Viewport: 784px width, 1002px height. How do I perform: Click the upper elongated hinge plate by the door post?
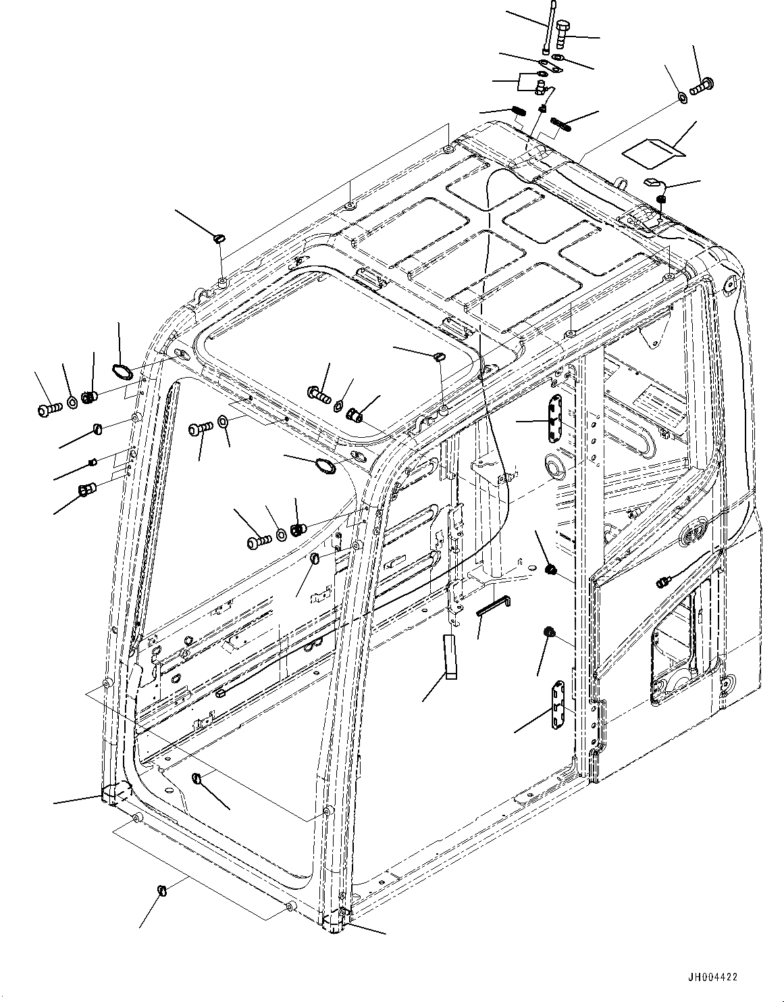point(554,419)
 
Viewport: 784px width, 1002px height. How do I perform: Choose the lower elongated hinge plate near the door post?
point(558,705)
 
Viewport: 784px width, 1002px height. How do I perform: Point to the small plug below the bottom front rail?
point(162,889)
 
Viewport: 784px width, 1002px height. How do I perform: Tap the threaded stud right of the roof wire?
point(562,123)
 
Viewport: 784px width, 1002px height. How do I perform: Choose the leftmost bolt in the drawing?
point(47,408)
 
